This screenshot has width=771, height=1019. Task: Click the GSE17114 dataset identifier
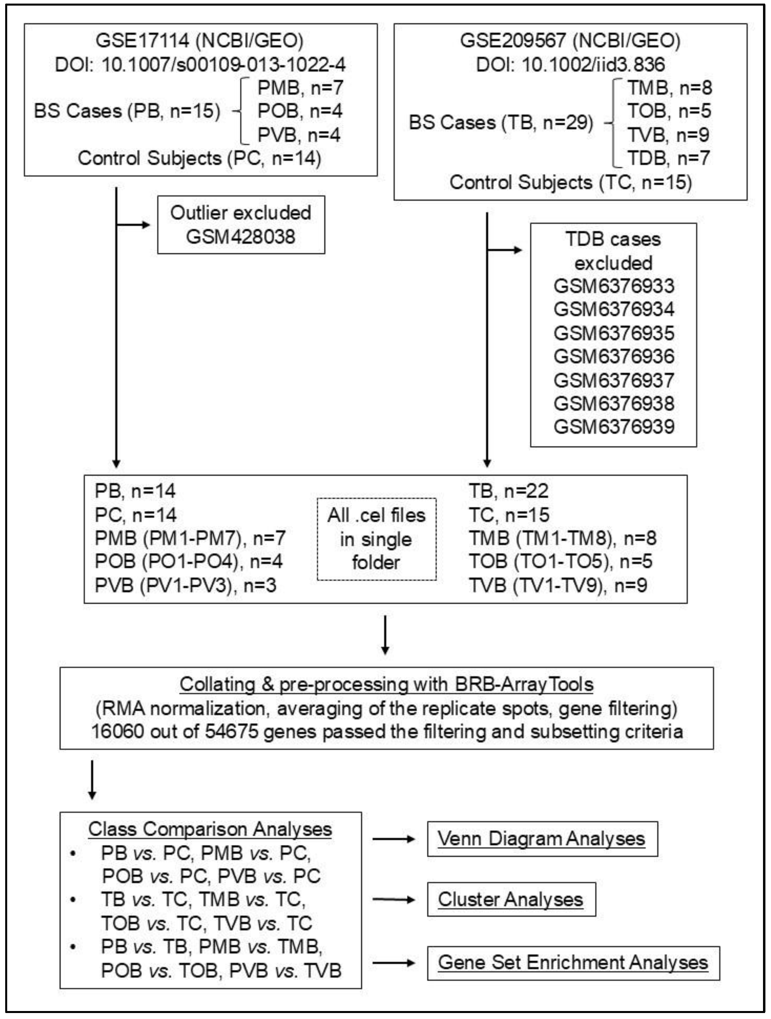[x=142, y=41]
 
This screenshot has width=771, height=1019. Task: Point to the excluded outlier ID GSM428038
[x=240, y=237]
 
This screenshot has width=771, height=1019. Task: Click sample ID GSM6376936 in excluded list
[x=614, y=356]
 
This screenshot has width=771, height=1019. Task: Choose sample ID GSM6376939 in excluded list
[x=614, y=427]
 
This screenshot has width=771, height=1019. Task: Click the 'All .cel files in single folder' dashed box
[x=377, y=538]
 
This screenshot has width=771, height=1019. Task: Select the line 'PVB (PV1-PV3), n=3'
[x=185, y=585]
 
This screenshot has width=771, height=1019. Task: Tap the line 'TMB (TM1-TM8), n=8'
[x=562, y=538]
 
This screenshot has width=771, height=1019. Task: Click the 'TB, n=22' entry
[x=508, y=491]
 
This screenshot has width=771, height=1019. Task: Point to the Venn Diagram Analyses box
[x=541, y=839]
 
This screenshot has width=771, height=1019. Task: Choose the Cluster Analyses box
[x=511, y=899]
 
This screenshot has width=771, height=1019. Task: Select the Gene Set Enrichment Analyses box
[x=573, y=962]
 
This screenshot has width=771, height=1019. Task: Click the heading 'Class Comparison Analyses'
[x=210, y=829]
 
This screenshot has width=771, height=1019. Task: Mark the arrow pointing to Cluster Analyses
[x=393, y=900]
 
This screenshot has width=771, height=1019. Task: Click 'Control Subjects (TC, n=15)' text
[x=571, y=182]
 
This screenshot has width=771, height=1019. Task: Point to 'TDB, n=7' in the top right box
[x=669, y=158]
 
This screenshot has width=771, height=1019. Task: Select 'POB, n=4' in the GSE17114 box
[x=299, y=111]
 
